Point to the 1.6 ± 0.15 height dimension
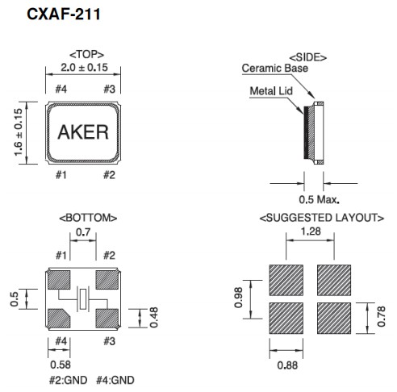pyautogui.click(x=19, y=132)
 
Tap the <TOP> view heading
pyautogui.click(x=84, y=53)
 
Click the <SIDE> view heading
pyautogui.click(x=307, y=58)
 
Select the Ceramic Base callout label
pyautogui.click(x=274, y=69)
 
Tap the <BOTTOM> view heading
pyautogui.click(x=89, y=218)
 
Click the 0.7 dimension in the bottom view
pyautogui.click(x=82, y=231)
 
